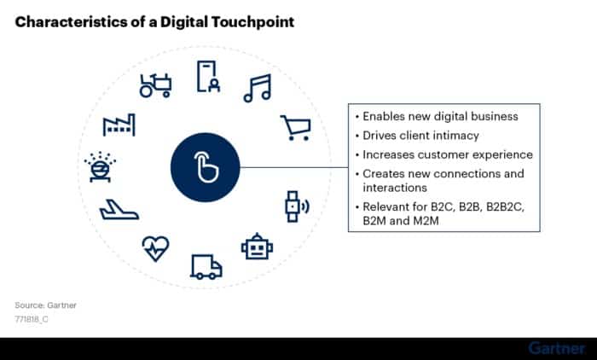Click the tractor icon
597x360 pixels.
coord(155,85)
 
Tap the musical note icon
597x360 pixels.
coord(258,88)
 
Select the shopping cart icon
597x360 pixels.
coord(296,128)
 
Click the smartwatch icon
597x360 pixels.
coord(297,206)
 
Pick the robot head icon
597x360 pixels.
coord(257,247)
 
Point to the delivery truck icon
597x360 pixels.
coord(206,267)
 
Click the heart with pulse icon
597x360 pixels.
coord(155,249)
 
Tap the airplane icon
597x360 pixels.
coord(119,210)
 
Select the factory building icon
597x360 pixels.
coord(119,125)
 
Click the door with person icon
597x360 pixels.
coord(208,76)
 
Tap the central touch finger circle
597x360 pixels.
coord(206,167)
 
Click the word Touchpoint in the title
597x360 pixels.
coord(252,22)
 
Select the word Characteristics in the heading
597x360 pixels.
coord(71,21)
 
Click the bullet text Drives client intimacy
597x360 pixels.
coord(420,136)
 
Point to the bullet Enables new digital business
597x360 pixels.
coord(440,116)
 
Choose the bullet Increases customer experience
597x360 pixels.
coord(448,154)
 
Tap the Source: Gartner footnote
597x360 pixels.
coord(46,305)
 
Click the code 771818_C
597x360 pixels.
coord(32,319)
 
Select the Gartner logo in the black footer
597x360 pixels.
coord(557,349)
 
